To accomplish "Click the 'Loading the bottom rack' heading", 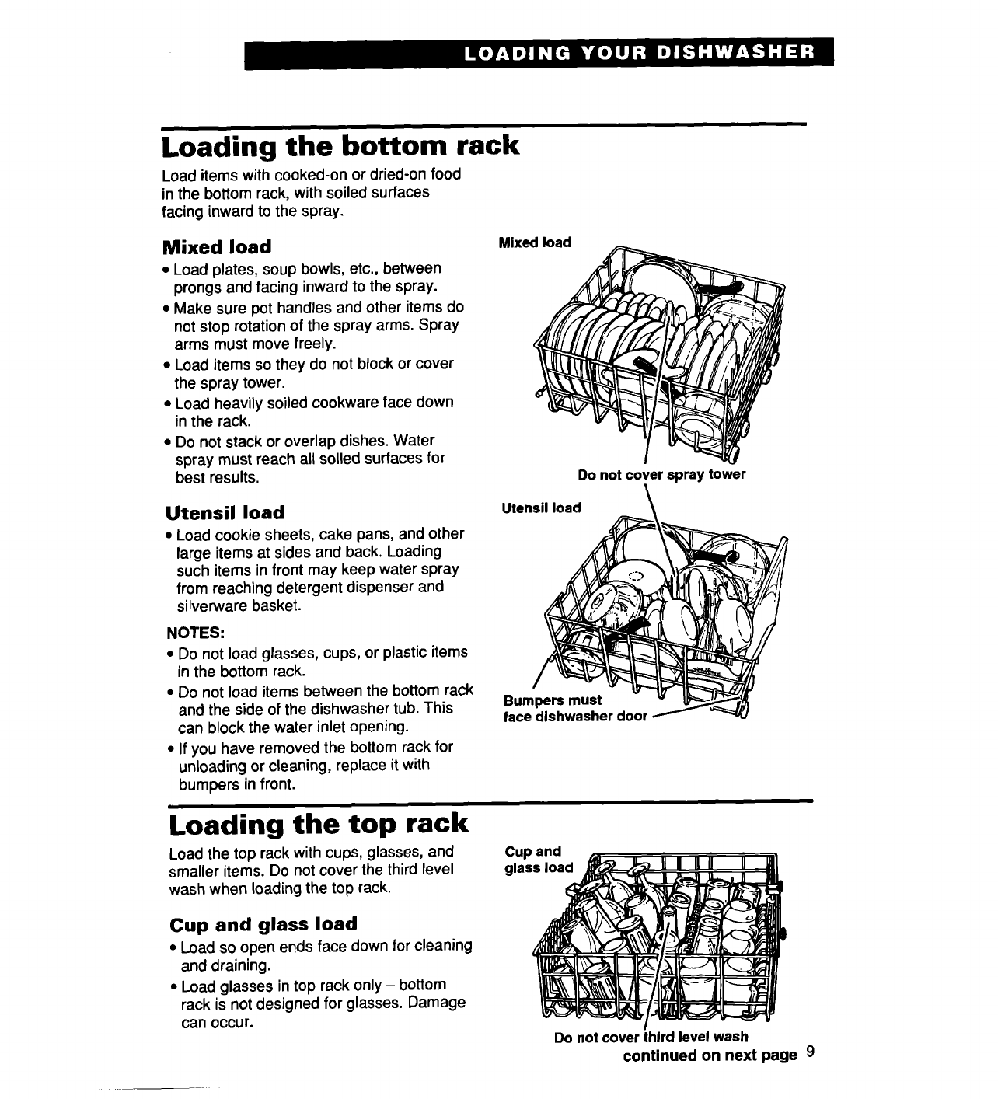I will pyautogui.click(x=339, y=145).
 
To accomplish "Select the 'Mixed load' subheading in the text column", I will pyautogui.click(x=217, y=247).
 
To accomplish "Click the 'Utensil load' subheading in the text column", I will pyautogui.click(x=225, y=513).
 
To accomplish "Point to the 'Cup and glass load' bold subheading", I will pyautogui.click(x=263, y=924).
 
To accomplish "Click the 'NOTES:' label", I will pyautogui.click(x=194, y=633).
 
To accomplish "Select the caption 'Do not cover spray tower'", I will pyautogui.click(x=661, y=475).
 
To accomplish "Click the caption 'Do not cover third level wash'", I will pyautogui.click(x=651, y=1037).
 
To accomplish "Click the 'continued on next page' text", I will pyautogui.click(x=710, y=1055).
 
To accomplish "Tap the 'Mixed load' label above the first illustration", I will pyautogui.click(x=535, y=242).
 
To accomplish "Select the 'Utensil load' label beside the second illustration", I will pyautogui.click(x=541, y=508).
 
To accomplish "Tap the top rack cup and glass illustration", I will pyautogui.click(x=661, y=940).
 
